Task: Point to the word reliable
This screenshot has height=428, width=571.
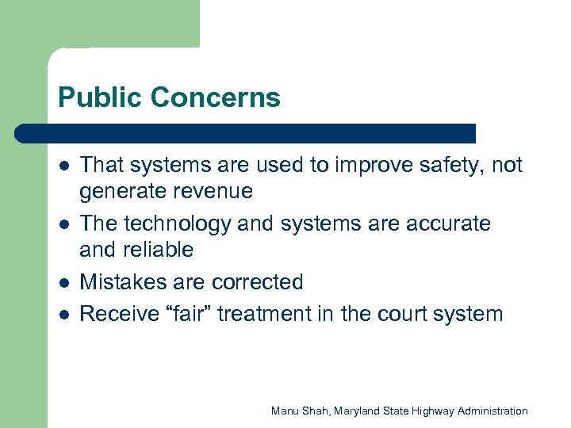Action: click(159, 250)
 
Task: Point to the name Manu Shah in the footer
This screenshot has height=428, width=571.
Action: click(300, 411)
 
